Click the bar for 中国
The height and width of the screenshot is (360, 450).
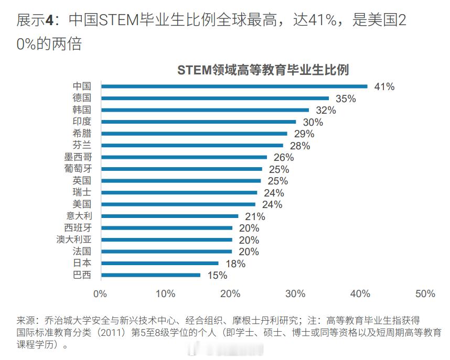[234, 86]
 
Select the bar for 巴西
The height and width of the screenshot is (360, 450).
[151, 275]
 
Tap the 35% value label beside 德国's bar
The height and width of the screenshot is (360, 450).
[346, 99]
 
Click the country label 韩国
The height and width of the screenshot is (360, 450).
[81, 110]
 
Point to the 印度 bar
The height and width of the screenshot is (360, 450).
[198, 122]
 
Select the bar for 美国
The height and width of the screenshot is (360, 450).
[178, 204]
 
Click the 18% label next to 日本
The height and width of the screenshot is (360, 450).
[235, 264]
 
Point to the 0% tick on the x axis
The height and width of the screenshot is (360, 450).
[100, 294]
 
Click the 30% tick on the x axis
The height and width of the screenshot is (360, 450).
[295, 294]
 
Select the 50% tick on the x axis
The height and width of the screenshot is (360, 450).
[425, 294]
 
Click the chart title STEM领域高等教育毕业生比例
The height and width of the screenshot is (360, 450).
[263, 70]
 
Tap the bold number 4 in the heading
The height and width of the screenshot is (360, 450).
[49, 20]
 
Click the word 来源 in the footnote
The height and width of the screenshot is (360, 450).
[26, 320]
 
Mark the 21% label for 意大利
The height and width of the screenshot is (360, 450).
[254, 216]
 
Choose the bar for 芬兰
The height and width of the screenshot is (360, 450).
[192, 145]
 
